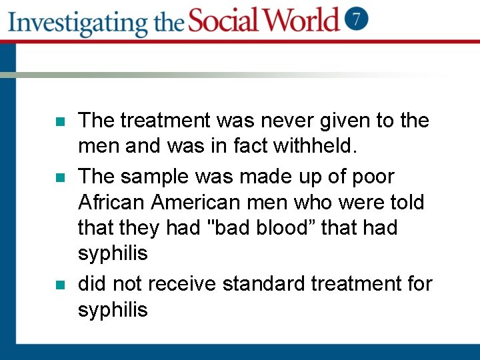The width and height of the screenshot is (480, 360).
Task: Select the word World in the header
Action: pos(304,20)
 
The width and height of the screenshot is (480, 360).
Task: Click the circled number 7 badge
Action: pos(357,19)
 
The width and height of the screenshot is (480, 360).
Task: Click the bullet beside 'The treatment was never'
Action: pos(59,123)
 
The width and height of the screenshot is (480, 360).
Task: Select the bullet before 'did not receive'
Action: pos(59,285)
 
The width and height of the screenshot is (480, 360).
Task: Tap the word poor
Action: pos(370,177)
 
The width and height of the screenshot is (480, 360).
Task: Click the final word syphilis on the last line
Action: pos(113,309)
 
